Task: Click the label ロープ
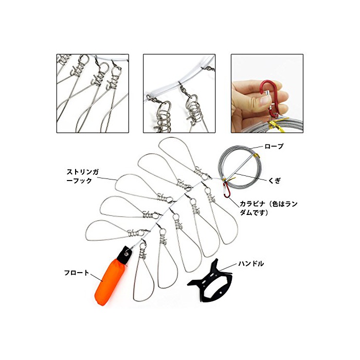click(274, 146)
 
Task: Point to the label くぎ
click(274, 181)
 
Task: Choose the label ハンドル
click(251, 263)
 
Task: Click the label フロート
click(76, 273)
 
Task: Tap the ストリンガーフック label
click(83, 176)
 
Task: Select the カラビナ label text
click(268, 208)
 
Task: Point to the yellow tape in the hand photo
click(276, 124)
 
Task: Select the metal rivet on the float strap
click(127, 254)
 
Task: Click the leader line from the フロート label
click(96, 277)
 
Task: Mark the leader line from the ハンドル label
click(228, 267)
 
